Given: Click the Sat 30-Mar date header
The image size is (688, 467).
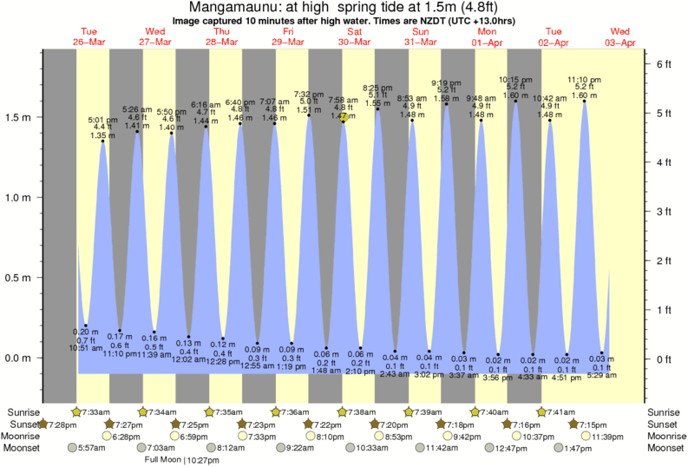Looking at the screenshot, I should click(358, 36).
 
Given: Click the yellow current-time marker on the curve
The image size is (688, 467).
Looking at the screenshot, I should click(344, 120).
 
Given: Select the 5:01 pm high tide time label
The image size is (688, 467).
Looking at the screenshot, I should click(103, 120).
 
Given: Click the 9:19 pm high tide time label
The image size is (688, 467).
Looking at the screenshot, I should click(447, 82).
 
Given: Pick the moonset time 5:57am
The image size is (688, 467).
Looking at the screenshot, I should click(90, 448).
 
